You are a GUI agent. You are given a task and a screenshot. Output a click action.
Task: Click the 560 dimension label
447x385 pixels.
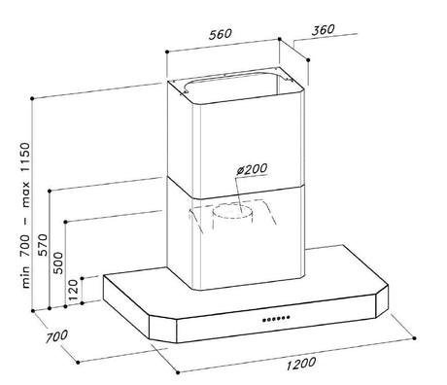point(221,34)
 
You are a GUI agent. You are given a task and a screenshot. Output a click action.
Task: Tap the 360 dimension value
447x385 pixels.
point(323,30)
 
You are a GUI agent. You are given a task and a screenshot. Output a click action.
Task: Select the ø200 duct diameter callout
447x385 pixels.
point(252,169)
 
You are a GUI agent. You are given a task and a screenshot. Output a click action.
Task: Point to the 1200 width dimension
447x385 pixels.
point(301,364)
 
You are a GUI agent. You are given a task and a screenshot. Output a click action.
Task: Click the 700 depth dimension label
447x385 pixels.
point(56,336)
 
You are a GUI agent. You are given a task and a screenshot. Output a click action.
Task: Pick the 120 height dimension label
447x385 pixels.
point(73,289)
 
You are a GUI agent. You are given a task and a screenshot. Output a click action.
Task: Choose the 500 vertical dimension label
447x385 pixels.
point(58,263)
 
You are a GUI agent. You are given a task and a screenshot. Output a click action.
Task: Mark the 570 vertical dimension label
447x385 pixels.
point(42,245)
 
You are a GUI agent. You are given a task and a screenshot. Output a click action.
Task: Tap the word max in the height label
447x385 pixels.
point(25,194)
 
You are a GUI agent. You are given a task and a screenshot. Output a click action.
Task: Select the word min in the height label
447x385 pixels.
point(25,277)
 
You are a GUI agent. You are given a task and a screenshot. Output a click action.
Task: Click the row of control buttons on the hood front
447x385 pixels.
point(276,319)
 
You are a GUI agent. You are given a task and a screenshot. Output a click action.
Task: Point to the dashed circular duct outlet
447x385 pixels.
point(231,211)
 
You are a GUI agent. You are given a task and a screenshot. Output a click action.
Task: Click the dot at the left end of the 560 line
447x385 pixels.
point(167,52)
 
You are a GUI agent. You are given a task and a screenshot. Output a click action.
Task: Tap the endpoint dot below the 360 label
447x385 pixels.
point(308,60)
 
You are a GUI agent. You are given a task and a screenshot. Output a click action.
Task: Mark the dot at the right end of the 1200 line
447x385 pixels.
point(415,338)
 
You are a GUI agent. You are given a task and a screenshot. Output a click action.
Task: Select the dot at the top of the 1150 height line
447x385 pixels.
point(32,98)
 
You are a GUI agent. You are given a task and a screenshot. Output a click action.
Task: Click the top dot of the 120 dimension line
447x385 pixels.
point(83,278)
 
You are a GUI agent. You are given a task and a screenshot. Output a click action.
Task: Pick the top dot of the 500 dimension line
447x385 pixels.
point(65,222)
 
